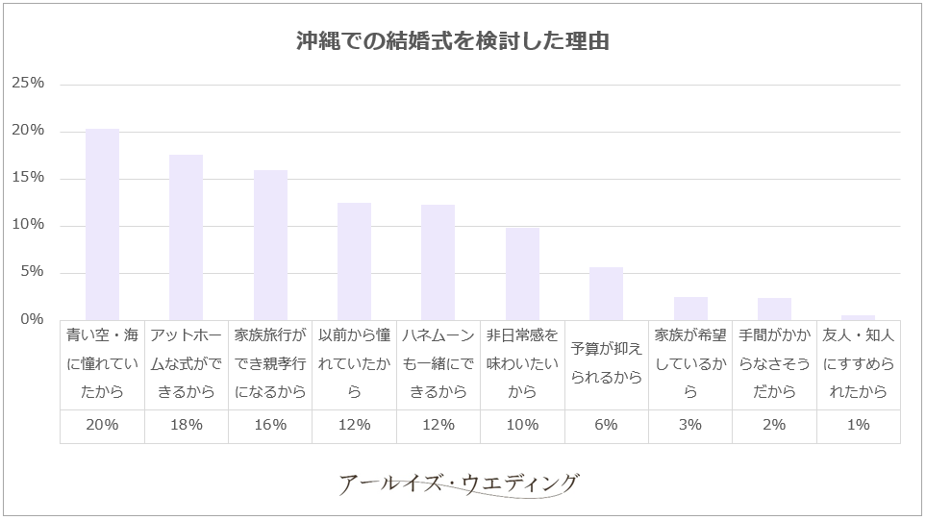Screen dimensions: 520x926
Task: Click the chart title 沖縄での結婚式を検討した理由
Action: pyautogui.click(x=452, y=43)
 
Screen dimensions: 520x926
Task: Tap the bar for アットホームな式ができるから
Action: pyautogui.click(x=186, y=237)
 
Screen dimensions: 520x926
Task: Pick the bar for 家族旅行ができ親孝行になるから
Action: pyautogui.click(x=270, y=245)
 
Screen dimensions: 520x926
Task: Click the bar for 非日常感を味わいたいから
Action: pyautogui.click(x=522, y=274)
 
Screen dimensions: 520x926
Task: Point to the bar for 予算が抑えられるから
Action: pyautogui.click(x=606, y=294)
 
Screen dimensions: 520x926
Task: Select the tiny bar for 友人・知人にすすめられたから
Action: pyautogui.click(x=858, y=317)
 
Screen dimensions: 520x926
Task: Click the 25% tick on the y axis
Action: pyautogui.click(x=28, y=84)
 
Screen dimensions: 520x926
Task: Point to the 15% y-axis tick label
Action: pyautogui.click(x=28, y=178)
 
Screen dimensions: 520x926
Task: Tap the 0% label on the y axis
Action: pyautogui.click(x=33, y=319)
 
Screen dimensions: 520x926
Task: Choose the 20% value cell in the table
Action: pyautogui.click(x=102, y=424)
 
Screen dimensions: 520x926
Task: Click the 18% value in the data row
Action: pyautogui.click(x=186, y=424)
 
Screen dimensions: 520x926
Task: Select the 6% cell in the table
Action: pyautogui.click(x=606, y=424)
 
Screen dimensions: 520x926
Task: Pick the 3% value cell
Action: pyautogui.click(x=689, y=424)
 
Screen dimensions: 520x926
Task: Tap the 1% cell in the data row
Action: pyautogui.click(x=858, y=424)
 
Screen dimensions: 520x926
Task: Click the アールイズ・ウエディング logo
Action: pyautogui.click(x=460, y=483)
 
